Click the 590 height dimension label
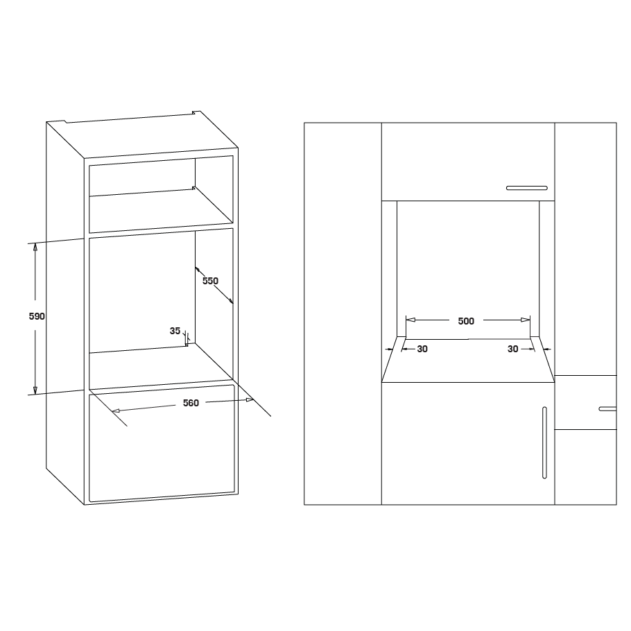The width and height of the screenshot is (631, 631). point(37,316)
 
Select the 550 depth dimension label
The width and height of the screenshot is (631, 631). point(210,281)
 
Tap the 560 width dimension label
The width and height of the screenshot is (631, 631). point(191,403)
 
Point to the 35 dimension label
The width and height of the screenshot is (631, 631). point(175,331)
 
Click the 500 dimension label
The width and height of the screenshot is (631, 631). point(466,321)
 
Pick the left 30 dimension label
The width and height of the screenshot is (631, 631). point(422,349)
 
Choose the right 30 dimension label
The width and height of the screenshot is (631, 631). point(512,349)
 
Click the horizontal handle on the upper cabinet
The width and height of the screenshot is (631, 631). point(527,188)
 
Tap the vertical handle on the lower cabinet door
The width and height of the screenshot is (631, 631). point(544,442)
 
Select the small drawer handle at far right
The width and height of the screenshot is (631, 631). point(607,409)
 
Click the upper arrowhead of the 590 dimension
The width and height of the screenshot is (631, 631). point(35,247)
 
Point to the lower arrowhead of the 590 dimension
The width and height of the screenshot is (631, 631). point(35,390)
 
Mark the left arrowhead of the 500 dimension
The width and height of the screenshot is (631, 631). point(410,320)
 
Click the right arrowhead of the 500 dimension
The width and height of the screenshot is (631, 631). point(526,320)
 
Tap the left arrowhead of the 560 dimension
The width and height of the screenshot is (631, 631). point(116,410)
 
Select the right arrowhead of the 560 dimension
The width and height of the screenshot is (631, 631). point(250,399)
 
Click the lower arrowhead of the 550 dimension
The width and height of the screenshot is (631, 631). point(231,301)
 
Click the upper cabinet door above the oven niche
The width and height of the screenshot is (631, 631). point(468,162)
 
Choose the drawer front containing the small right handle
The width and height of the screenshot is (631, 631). point(585,402)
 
